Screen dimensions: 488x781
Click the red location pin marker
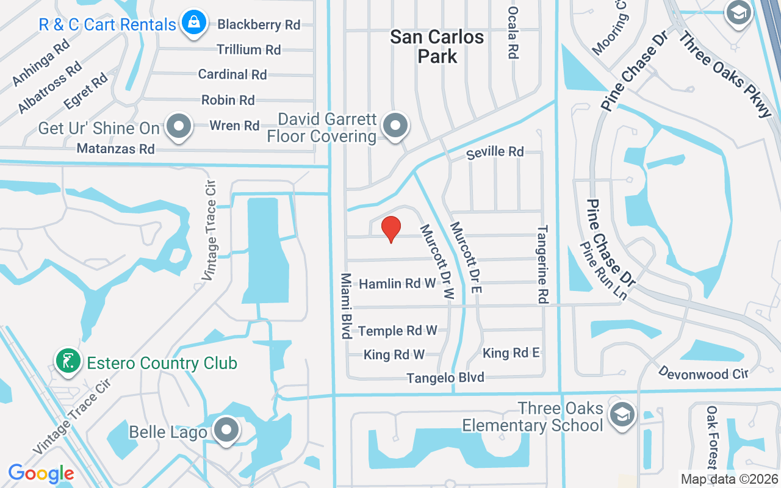[x=391, y=229]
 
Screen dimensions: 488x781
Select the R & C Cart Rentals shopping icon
[x=194, y=22]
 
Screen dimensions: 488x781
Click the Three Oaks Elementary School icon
[x=622, y=414]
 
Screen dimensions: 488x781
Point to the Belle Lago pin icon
[x=227, y=430]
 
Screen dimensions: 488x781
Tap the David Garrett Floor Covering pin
[x=396, y=126]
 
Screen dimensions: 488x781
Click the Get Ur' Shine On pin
[x=179, y=126]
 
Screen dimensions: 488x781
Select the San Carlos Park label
[x=437, y=46]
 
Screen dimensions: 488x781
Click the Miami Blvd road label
[x=346, y=306]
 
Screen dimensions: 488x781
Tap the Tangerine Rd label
[x=542, y=265]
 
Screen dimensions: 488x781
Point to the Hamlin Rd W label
[x=398, y=284]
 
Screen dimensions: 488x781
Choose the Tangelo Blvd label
[x=446, y=378]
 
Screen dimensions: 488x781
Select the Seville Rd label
[x=495, y=151]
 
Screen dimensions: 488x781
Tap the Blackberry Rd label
[x=259, y=24]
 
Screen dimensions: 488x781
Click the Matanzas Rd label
[x=116, y=148]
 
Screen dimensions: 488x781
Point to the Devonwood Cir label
[x=703, y=373]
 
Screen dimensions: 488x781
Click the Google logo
[x=41, y=473]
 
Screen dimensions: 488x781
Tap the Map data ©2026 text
[x=729, y=479]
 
